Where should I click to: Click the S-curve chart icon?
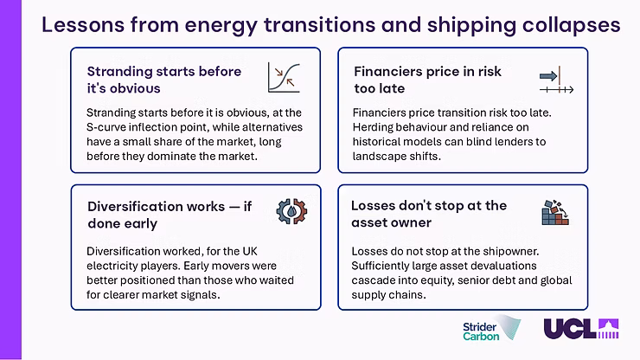[284, 77]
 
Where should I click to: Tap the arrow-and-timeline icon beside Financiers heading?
[556, 80]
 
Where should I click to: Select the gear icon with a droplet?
[291, 211]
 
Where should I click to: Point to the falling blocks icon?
[555, 213]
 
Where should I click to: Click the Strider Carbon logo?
[492, 328]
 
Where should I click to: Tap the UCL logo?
[581, 329]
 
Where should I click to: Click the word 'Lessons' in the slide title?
[83, 24]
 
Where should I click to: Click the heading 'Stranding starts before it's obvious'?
[164, 80]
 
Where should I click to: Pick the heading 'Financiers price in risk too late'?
[427, 80]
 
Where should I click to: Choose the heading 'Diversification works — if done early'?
[170, 215]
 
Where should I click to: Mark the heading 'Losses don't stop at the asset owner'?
[429, 214]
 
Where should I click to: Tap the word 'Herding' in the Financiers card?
[371, 127]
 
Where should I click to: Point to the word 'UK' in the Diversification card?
[250, 251]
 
